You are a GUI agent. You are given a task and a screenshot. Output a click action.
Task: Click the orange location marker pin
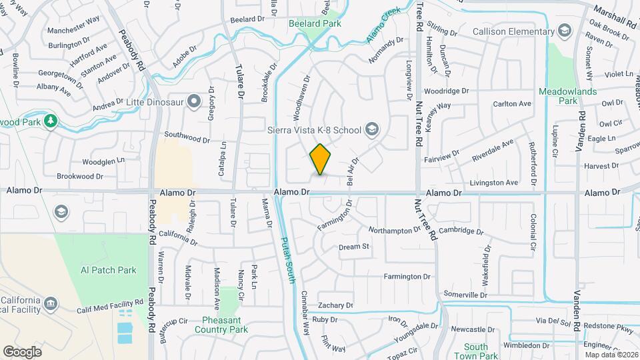coord(321,159)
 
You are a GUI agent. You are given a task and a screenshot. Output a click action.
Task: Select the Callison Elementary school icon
coord(565,31)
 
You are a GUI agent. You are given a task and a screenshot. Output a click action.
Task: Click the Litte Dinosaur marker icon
coord(194,101)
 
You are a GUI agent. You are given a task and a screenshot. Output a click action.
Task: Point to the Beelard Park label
coord(315,23)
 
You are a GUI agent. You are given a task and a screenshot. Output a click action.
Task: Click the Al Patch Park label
coord(108,270)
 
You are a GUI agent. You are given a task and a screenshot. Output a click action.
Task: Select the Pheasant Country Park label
coord(221,325)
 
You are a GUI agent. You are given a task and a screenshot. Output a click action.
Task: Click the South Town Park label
coord(476,351)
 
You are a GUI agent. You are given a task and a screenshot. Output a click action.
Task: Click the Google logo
coord(22,351)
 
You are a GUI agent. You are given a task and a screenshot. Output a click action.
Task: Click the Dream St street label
coord(354,247)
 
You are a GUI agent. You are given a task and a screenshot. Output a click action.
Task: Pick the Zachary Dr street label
coord(335,305)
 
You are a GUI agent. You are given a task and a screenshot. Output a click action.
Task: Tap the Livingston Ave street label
coord(493,182)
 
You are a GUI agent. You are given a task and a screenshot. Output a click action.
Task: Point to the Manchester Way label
coord(73,19)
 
